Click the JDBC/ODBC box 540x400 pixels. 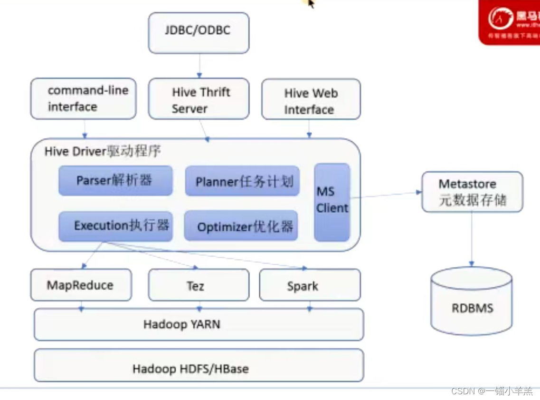pyautogui.click(x=199, y=32)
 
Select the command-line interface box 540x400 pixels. pyautogui.click(x=83, y=98)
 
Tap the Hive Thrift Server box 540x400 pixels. pyautogui.click(x=199, y=99)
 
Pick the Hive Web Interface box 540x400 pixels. pyautogui.click(x=311, y=99)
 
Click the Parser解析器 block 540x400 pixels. pyautogui.click(x=115, y=181)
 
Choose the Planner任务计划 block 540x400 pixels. pyautogui.click(x=242, y=181)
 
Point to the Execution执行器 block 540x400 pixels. pyautogui.click(x=115, y=226)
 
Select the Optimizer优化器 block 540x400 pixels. pyautogui.click(x=241, y=226)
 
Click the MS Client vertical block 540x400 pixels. pyautogui.click(x=332, y=202)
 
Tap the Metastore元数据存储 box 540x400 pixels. pyautogui.click(x=472, y=192)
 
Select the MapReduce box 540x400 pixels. pyautogui.click(x=81, y=285)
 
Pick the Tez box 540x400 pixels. pyautogui.click(x=199, y=285)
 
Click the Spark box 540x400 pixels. pyautogui.click(x=310, y=285)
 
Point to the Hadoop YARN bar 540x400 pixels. pyautogui.click(x=199, y=324)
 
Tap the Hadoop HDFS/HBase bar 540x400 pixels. pyautogui.click(x=199, y=365)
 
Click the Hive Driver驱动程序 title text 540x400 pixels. pyautogui.click(x=103, y=152)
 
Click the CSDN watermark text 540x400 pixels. pyautogui.click(x=492, y=391)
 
